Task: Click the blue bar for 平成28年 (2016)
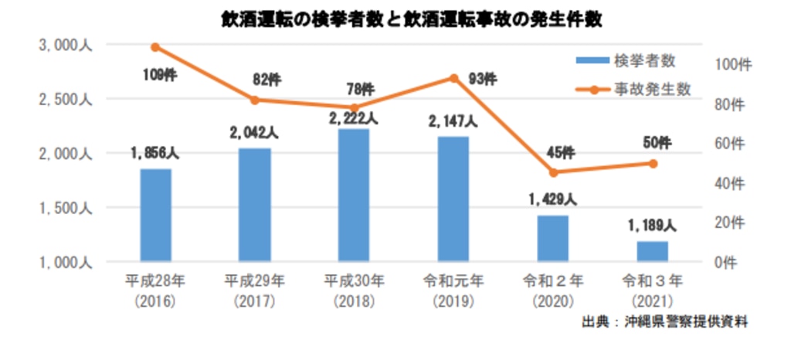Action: click(x=155, y=215)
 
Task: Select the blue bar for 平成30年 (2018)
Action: click(x=354, y=195)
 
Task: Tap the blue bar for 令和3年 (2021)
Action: click(x=653, y=251)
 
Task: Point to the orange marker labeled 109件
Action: click(x=155, y=47)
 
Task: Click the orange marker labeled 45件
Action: click(x=553, y=172)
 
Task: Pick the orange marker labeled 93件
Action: click(x=454, y=78)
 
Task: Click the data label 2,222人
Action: click(x=354, y=118)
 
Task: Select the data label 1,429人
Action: click(x=553, y=200)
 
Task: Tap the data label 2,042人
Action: click(x=254, y=132)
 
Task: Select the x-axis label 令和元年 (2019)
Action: click(x=453, y=287)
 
